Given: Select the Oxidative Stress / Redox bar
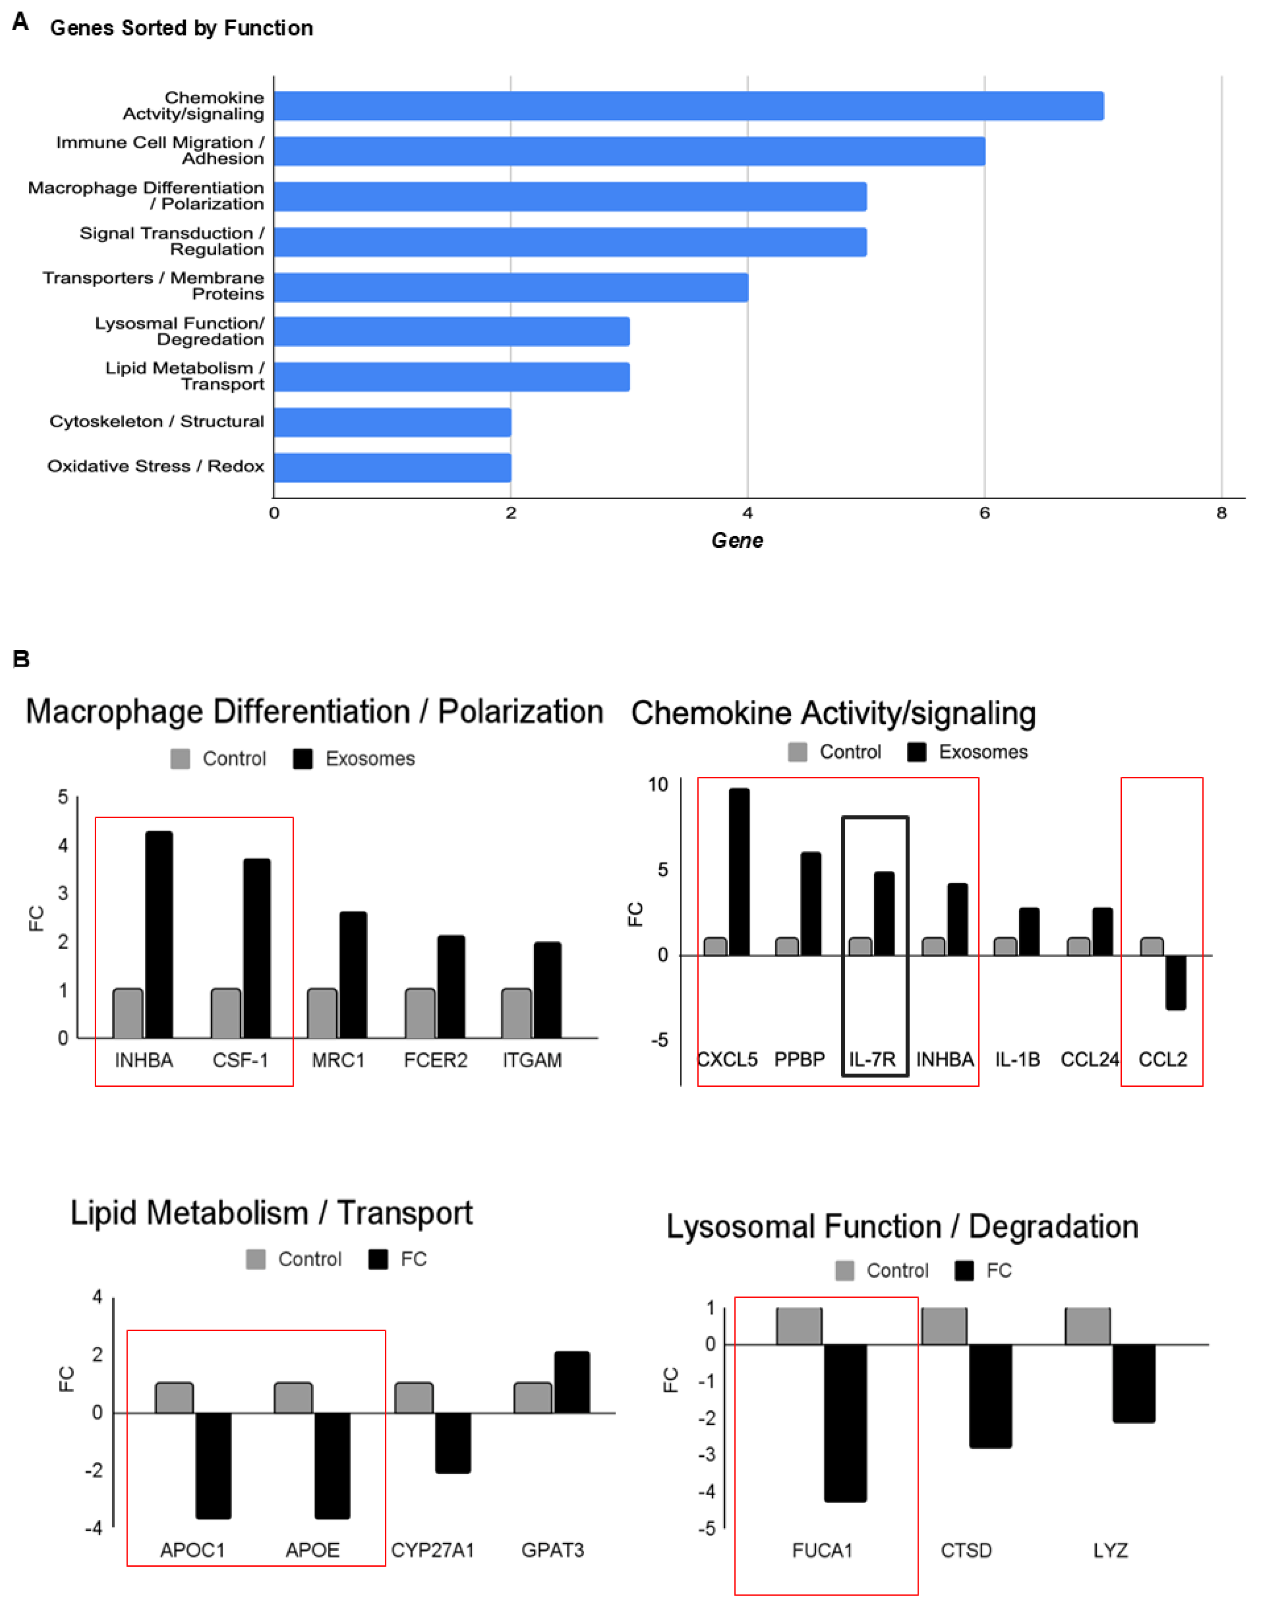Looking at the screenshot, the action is pos(392,467).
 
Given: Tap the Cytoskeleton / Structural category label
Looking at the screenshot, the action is pos(157,421).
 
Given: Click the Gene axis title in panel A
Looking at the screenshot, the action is pos(737,541).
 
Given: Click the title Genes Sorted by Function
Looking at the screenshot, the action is pos(181,28).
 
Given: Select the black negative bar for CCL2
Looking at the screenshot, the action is pos(1175,983).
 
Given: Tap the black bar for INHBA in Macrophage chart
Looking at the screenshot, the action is pos(159,934).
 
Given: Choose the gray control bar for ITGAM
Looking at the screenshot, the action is pos(517,1013).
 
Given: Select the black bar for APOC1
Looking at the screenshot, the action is pos(213,1466).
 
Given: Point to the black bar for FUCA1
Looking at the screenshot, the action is pos(845,1422).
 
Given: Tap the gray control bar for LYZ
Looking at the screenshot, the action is pos(1088,1325).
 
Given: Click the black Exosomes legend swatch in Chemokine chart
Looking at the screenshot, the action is pos(917,752).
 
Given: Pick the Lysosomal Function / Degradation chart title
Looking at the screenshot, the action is pos(902,1226).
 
